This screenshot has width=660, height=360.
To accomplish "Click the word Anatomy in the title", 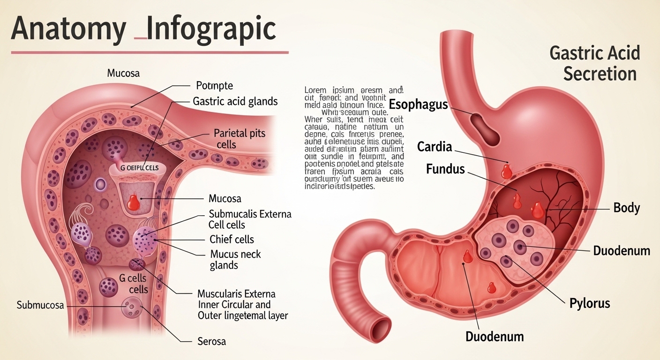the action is point(68,29).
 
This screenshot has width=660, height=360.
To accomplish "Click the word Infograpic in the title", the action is point(211,29).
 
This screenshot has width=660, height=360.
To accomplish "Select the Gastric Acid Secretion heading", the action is point(595,63).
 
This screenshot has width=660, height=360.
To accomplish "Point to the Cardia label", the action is point(435,147).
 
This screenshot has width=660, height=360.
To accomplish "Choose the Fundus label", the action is point(445,169).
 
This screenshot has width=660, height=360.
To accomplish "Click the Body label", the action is point(627,208).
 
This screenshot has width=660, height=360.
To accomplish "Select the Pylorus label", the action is point(590,303).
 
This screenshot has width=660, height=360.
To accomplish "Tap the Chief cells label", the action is point(232,240).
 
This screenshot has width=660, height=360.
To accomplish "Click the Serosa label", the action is point(211,341).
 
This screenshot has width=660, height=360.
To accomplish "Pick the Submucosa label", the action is point(40,306).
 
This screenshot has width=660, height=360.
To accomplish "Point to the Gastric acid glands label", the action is point(235,101).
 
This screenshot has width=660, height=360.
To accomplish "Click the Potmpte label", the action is point(214,86).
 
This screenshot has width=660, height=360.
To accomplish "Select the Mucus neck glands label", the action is point(235,260).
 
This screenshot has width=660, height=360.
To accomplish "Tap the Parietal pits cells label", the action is point(239,138).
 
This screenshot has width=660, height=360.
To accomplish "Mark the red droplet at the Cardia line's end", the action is point(507,171).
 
